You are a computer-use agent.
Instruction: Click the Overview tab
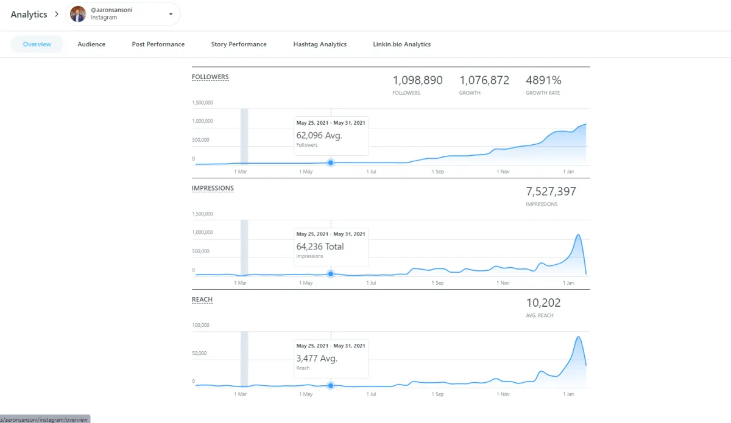37,44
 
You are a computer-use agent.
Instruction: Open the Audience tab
91,44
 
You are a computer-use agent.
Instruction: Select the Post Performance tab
158,44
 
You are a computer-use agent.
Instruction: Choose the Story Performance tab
239,44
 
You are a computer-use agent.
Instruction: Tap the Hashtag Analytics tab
320,44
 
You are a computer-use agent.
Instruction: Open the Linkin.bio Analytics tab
401,44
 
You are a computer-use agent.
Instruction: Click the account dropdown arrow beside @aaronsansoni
171,14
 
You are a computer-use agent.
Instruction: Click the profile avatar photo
78,14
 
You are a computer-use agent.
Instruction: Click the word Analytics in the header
29,15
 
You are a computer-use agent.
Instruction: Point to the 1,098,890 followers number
417,80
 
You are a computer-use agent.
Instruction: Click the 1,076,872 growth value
484,80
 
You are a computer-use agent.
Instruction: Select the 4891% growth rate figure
543,80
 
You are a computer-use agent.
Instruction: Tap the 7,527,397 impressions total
551,192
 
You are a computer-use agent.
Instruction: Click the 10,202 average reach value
543,303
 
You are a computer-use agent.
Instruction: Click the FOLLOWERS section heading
210,77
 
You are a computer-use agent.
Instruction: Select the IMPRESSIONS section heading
213,189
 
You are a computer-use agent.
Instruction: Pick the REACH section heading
202,300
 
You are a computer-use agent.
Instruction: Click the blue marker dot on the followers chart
331,163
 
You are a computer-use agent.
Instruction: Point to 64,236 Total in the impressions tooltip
320,246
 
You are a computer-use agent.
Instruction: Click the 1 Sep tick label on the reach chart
437,394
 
